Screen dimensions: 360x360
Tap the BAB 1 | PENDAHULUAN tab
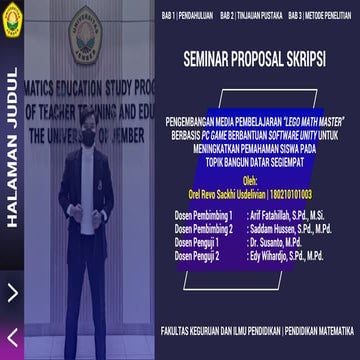pyautogui.click(x=187, y=17)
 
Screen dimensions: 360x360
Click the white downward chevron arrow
pyautogui.click(x=12, y=292)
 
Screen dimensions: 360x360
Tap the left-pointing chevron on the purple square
pyautogui.click(x=12, y=336)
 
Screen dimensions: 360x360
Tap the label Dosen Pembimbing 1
pyautogui.click(x=204, y=215)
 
